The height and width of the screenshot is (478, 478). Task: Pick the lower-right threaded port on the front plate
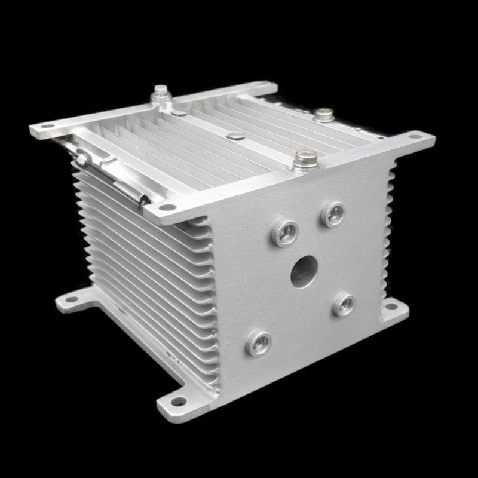344,303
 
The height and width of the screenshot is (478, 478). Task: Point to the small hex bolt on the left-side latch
81,158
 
